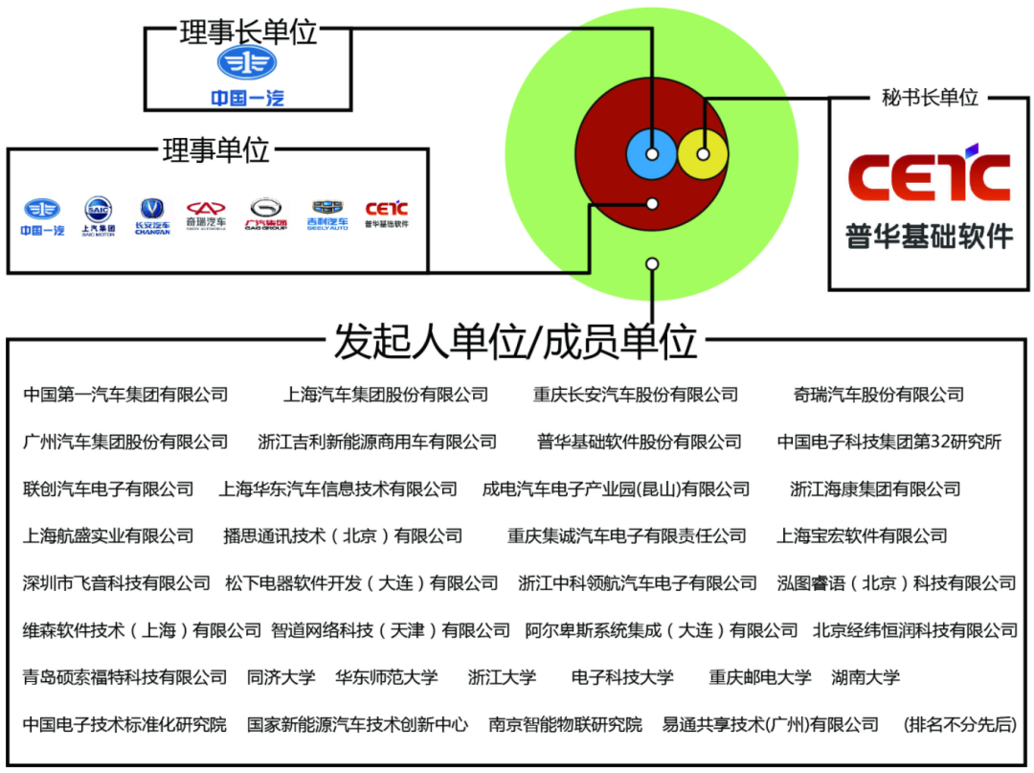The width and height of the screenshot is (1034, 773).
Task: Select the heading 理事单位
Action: point(216,150)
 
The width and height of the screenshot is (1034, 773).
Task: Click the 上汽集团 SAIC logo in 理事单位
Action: point(98,216)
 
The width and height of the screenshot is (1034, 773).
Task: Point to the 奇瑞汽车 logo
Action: point(206,216)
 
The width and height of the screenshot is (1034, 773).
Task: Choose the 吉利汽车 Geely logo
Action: point(327,215)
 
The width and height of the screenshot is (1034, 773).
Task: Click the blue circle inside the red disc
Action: point(651,153)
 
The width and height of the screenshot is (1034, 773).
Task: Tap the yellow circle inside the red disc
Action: point(703,153)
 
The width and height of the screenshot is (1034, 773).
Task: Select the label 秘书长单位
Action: point(930,98)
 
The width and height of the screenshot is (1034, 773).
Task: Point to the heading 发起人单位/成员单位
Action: point(515,341)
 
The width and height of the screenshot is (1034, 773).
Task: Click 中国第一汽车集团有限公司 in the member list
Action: point(125,395)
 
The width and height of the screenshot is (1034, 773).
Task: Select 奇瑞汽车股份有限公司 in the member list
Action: point(878,395)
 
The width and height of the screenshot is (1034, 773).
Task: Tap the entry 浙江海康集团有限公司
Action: point(875,489)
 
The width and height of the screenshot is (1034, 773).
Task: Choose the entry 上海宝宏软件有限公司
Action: point(862,535)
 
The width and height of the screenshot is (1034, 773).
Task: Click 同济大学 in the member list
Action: point(281,677)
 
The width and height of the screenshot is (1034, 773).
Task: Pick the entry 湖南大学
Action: point(865,677)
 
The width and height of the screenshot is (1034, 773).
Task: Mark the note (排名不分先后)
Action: point(959,724)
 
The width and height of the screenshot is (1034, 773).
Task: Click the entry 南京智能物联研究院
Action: point(565,724)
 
